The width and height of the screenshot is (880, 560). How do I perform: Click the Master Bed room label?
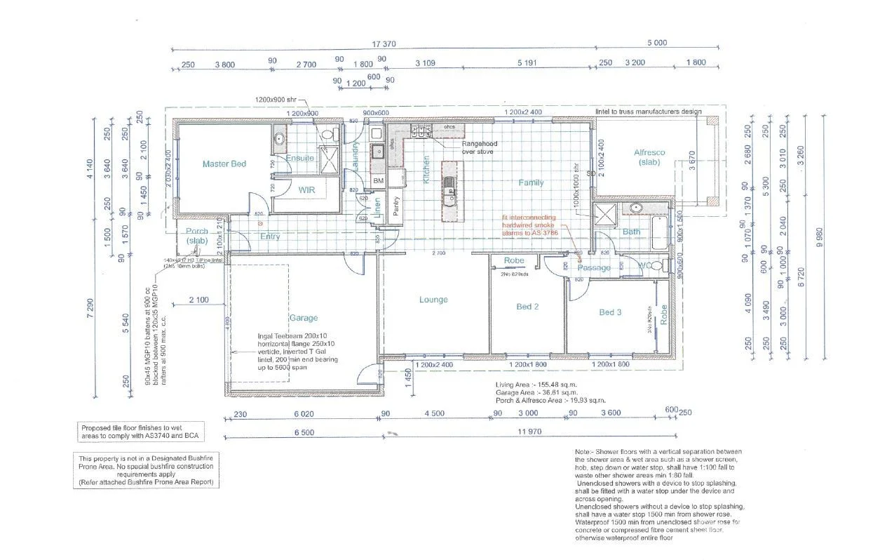(224, 164)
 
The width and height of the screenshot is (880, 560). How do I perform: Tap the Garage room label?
(304, 317)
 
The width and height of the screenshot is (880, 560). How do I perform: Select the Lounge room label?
(433, 300)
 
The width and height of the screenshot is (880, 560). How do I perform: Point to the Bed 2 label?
(527, 307)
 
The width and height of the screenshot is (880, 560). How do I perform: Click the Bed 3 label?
(609, 312)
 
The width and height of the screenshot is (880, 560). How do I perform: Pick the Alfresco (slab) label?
(649, 157)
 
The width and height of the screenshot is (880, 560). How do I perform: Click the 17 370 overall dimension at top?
(384, 44)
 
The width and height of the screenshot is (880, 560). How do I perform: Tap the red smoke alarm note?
(529, 225)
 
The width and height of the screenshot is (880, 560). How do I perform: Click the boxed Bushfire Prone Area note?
(147, 470)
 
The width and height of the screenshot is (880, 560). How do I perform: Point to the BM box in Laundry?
(378, 181)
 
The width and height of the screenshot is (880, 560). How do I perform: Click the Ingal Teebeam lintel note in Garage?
(297, 348)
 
